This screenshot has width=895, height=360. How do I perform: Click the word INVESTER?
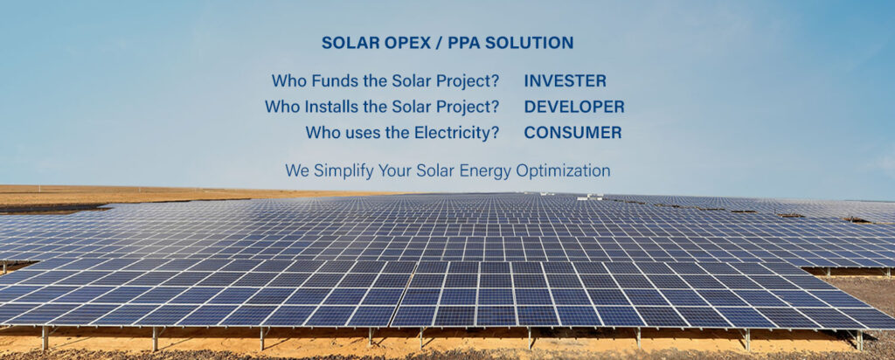(565, 81)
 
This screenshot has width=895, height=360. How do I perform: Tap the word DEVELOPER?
(574, 107)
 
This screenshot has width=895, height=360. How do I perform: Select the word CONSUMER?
(573, 133)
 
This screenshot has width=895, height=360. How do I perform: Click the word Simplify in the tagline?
(338, 170)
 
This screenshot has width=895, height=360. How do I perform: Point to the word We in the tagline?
(295, 170)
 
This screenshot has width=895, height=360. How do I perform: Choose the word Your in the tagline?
(391, 170)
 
